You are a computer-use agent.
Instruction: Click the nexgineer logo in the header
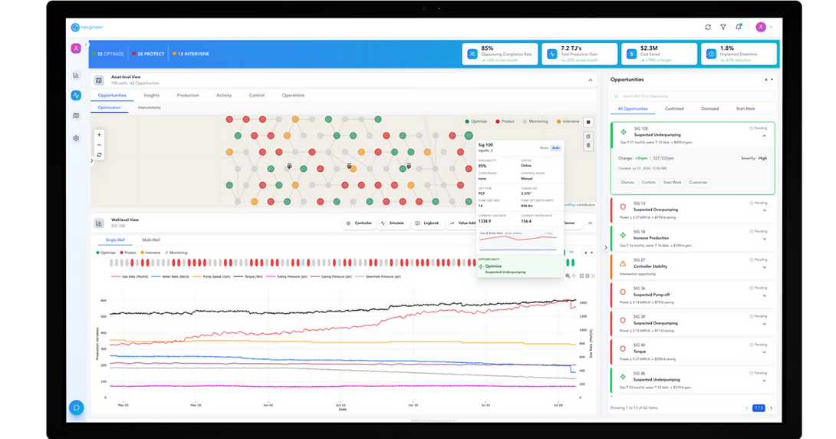[87, 27]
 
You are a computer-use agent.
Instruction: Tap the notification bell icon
[739, 27]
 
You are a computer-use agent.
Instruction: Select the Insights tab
[151, 95]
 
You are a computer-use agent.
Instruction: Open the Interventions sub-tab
[149, 108]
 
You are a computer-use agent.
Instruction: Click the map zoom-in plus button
[99, 135]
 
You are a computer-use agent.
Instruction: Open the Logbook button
[428, 223]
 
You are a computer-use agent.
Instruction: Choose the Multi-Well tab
[151, 240]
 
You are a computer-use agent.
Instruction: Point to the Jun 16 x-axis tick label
[340, 404]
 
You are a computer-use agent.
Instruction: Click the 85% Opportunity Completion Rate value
[487, 48]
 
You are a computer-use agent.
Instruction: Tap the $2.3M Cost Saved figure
[650, 48]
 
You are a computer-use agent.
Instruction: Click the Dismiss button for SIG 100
[627, 183]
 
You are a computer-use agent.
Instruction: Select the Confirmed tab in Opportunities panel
[674, 109]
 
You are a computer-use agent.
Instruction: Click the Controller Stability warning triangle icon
[623, 263]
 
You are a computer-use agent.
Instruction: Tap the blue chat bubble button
[76, 408]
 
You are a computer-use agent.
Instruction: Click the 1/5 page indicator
[759, 408]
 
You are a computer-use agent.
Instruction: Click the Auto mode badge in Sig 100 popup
[555, 147]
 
